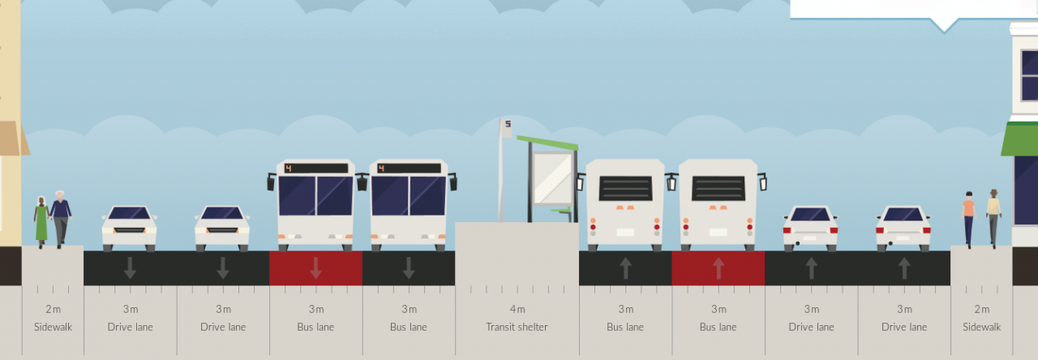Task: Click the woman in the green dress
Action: click(x=41, y=222)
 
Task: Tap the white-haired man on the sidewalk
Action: click(x=61, y=219)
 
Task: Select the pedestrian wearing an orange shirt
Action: click(x=968, y=220)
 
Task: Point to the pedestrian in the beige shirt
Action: click(x=993, y=218)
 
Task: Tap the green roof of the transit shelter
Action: click(x=547, y=143)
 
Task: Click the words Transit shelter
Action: click(x=517, y=327)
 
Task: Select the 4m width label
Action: click(x=517, y=309)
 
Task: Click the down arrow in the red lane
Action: click(x=315, y=268)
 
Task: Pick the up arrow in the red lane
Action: click(x=718, y=268)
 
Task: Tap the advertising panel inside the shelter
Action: click(x=552, y=178)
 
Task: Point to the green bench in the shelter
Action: click(x=561, y=212)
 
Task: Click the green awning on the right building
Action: click(x=1019, y=139)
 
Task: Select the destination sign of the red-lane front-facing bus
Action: click(x=316, y=168)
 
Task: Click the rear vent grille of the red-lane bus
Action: click(x=718, y=189)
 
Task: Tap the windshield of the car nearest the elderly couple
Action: click(x=129, y=213)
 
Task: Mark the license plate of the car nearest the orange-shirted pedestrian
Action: click(x=903, y=238)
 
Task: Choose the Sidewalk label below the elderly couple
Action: click(x=53, y=327)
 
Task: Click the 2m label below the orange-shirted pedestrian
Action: click(x=981, y=309)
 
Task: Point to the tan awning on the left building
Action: click(x=13, y=138)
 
